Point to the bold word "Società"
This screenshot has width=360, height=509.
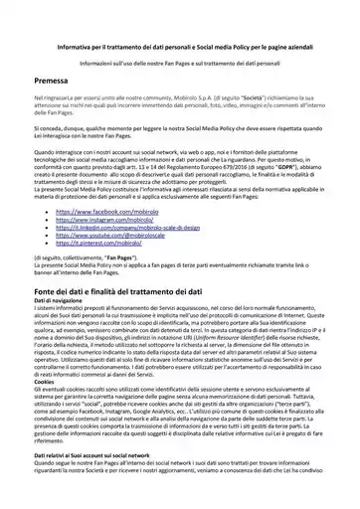tap(250, 101)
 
